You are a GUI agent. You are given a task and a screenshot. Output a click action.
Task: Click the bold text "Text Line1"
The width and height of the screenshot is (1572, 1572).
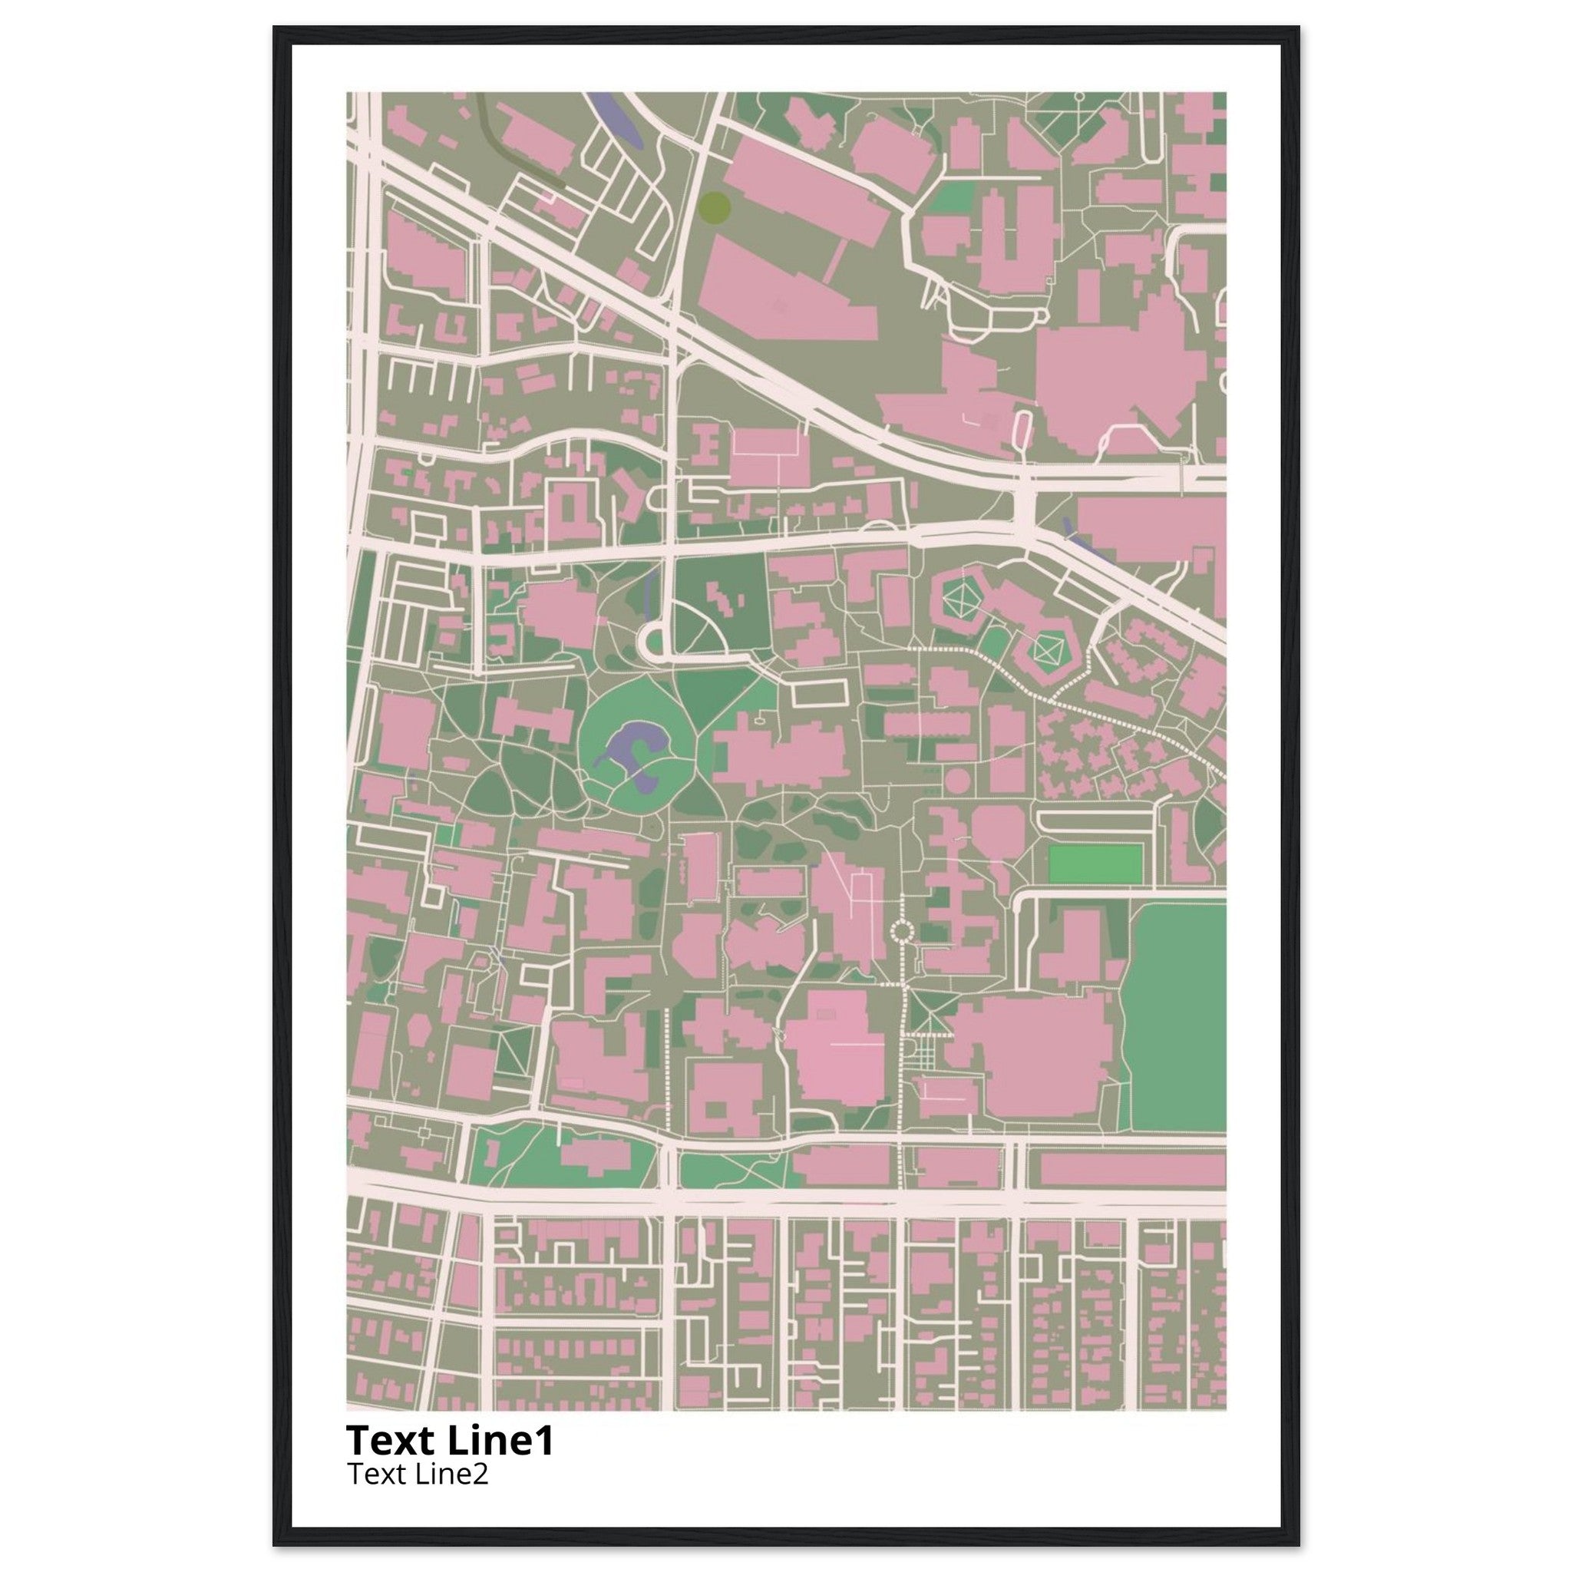(x=450, y=1441)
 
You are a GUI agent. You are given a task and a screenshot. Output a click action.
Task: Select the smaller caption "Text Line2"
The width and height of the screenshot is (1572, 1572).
(x=418, y=1474)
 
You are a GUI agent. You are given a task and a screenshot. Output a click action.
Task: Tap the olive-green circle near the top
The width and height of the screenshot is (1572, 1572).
(x=715, y=206)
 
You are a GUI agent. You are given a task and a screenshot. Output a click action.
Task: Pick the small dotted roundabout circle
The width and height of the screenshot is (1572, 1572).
(x=903, y=930)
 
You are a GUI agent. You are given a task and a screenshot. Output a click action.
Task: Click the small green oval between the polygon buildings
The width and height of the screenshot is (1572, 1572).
(x=993, y=642)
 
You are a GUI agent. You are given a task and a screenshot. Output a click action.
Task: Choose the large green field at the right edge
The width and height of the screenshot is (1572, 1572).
(x=1177, y=1017)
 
